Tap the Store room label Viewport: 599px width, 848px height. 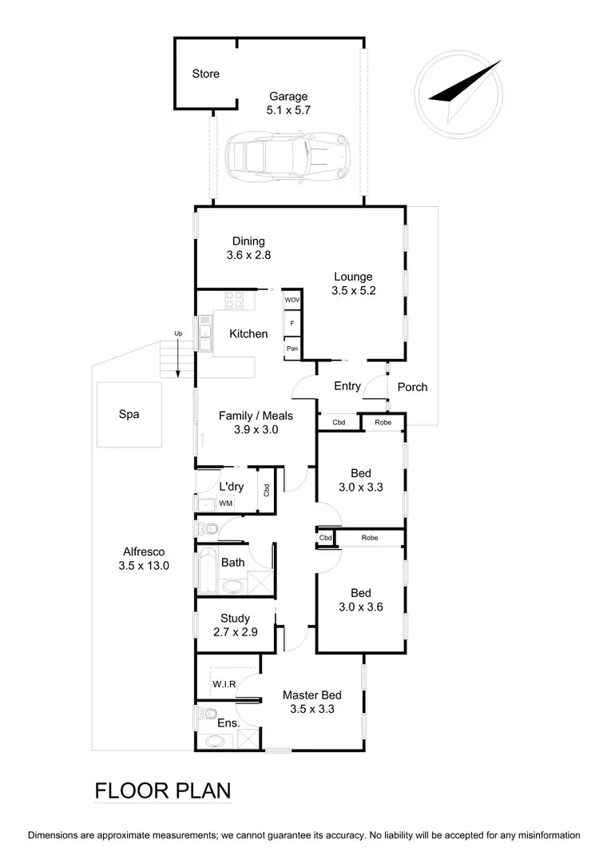click(x=205, y=74)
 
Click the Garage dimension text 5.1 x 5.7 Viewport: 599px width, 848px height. click(x=288, y=110)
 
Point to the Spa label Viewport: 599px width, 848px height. click(x=129, y=415)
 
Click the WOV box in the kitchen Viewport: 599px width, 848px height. click(x=292, y=300)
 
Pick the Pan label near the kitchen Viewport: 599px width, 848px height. click(x=292, y=349)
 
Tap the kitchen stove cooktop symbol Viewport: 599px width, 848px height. click(x=234, y=301)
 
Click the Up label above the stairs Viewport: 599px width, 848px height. click(x=178, y=333)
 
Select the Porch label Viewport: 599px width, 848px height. click(x=412, y=387)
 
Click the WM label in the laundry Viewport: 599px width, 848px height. click(x=225, y=504)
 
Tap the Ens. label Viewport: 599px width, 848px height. click(x=228, y=723)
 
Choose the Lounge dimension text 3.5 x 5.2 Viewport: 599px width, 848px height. click(x=354, y=292)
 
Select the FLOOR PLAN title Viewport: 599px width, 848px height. click(x=163, y=791)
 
